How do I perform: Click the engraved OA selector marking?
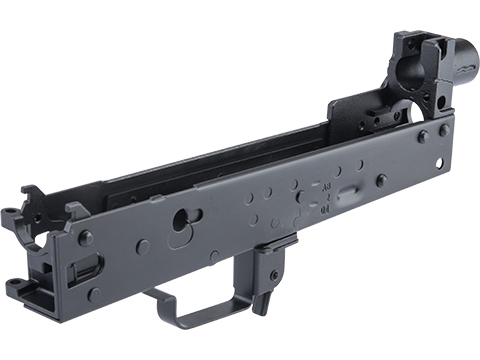326,211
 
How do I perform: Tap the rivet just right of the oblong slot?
381,180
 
